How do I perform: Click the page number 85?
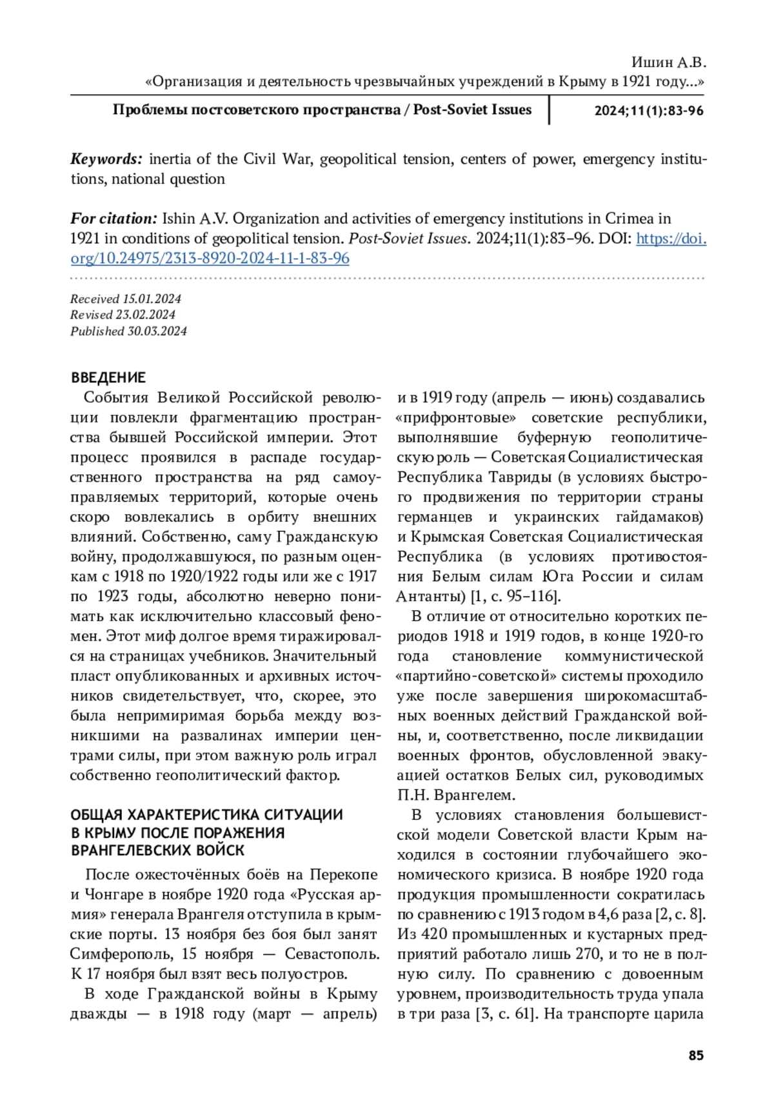696,1055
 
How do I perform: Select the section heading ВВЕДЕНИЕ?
108,377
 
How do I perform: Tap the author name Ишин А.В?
669,63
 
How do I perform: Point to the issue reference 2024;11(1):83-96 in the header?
649,110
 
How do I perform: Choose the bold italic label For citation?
114,219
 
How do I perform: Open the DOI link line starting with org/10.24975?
210,258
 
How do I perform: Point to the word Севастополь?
332,953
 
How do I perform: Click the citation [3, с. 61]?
506,1013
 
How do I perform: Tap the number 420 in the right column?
433,934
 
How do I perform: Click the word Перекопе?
344,874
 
